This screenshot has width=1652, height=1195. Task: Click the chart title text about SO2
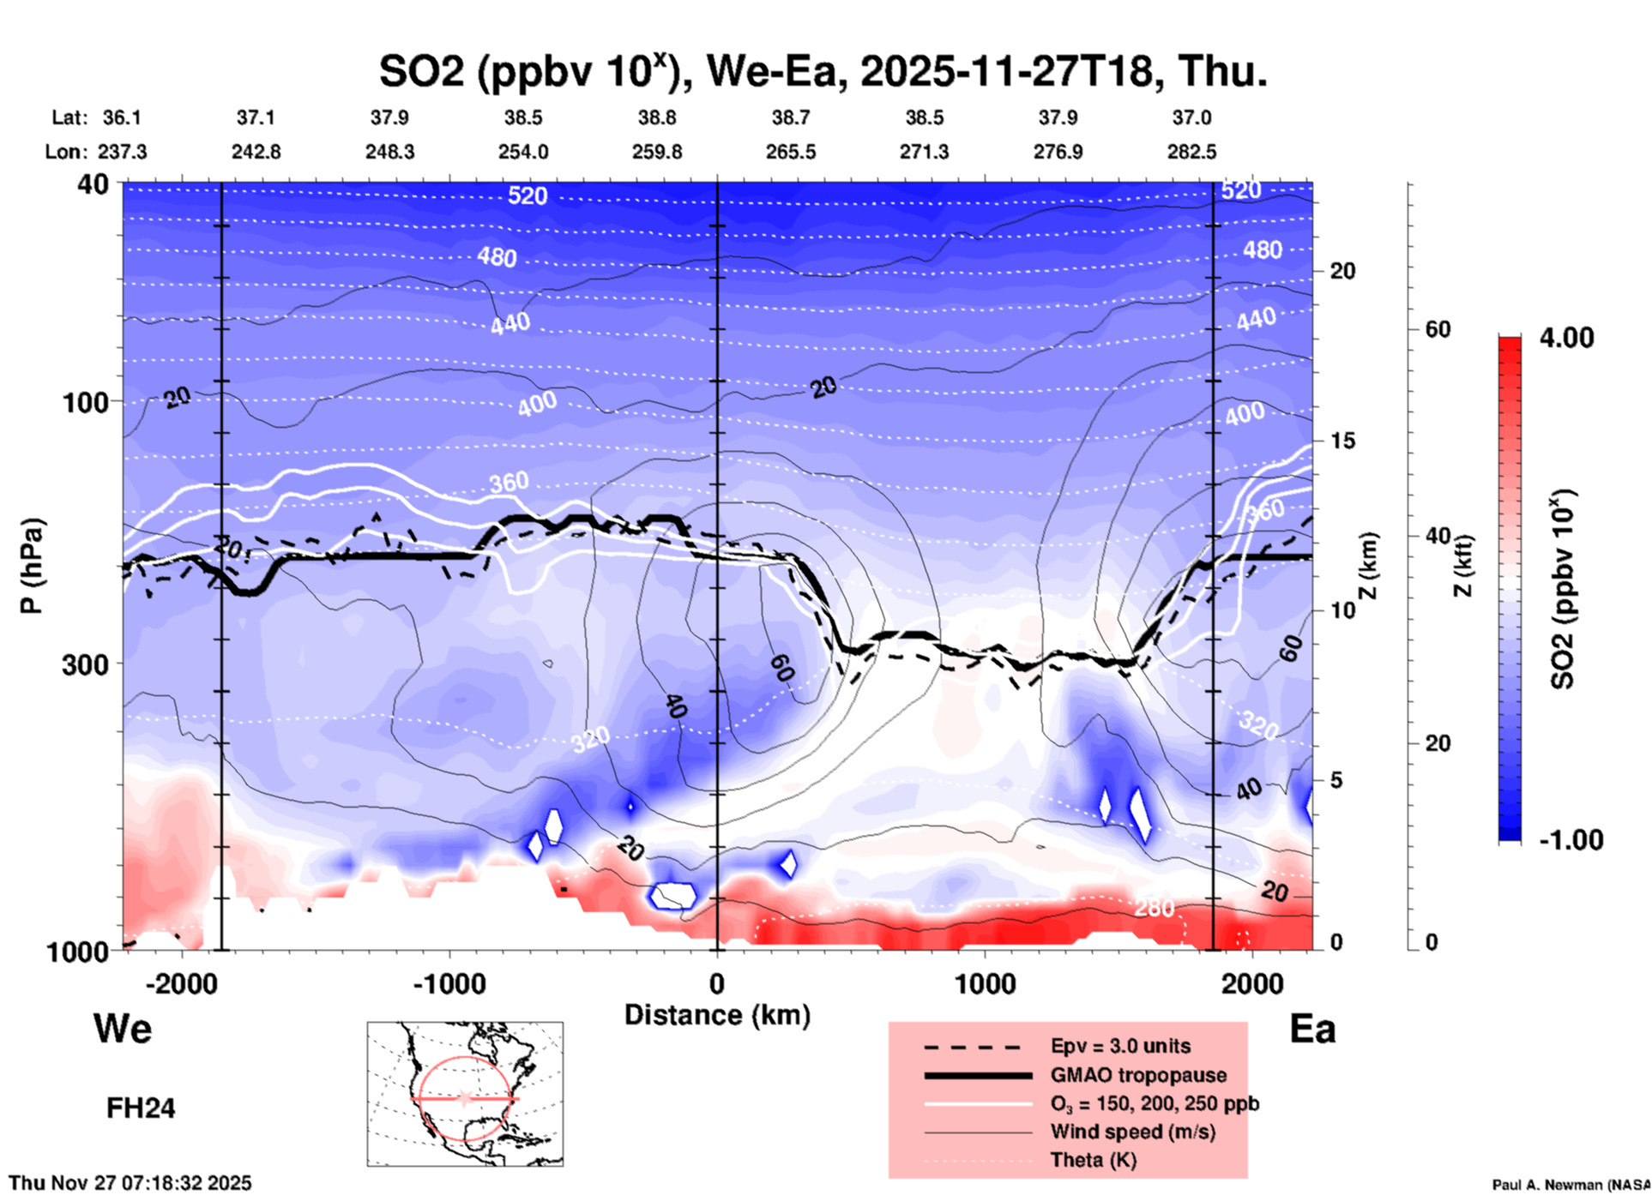823,71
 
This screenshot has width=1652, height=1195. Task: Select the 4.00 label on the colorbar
1566,338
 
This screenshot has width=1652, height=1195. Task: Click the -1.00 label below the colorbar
1571,840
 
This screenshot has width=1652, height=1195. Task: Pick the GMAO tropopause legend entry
1138,1075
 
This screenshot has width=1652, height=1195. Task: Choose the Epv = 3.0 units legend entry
1120,1046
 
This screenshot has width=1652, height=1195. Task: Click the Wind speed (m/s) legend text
1132,1132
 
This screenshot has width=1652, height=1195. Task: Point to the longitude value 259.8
657,152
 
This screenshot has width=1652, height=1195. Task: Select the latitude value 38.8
657,117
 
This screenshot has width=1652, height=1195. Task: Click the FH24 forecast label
141,1108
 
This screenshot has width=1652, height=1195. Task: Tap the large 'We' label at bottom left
123,1029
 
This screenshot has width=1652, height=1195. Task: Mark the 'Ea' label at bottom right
1312,1029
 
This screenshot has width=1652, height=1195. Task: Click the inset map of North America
465,1094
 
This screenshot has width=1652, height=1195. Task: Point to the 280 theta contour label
1154,908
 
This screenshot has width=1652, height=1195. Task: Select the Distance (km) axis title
717,1015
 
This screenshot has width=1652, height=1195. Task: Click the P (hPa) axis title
32,566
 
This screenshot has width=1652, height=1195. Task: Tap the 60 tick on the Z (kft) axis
1438,329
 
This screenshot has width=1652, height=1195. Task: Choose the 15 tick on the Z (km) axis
1342,441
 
